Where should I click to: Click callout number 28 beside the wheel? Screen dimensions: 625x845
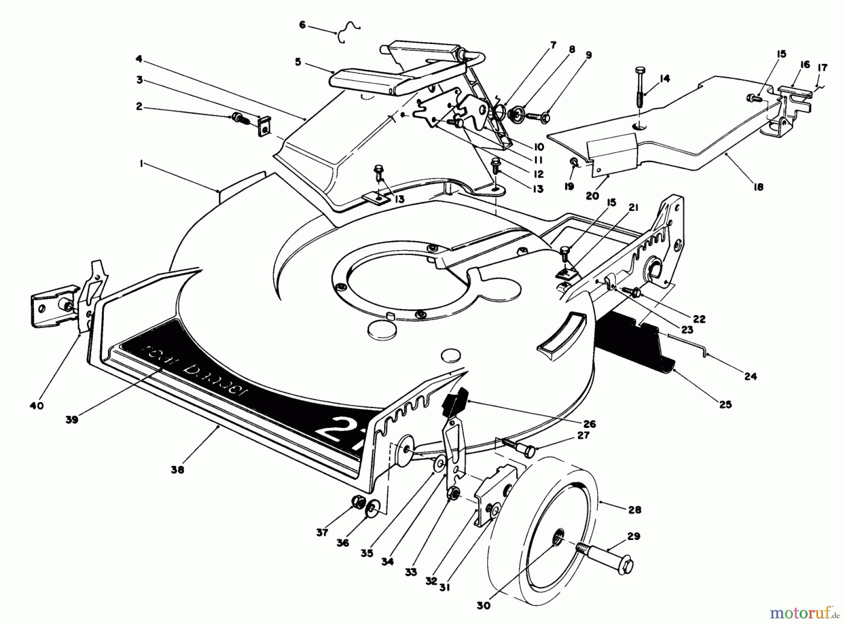click(635, 510)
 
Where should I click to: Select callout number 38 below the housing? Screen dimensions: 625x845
click(177, 469)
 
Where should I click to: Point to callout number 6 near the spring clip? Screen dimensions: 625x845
click(302, 25)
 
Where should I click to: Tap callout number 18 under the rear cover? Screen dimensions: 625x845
click(758, 186)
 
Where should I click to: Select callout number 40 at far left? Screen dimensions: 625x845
click(36, 405)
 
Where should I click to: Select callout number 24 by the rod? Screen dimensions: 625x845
click(750, 376)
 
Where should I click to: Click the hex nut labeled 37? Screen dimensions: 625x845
click(358, 503)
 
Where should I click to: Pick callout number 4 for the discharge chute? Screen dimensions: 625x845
click(139, 59)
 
